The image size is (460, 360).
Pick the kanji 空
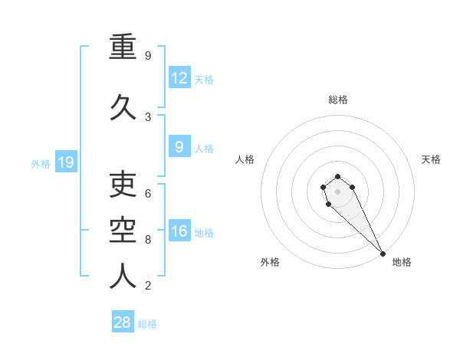[123, 230]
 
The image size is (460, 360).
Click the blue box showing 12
[179, 78]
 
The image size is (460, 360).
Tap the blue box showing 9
[179, 147]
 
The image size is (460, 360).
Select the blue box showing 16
[179, 231]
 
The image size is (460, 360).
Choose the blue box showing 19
[65, 162]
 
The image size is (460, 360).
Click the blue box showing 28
[122, 322]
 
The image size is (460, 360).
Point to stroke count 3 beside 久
[148, 117]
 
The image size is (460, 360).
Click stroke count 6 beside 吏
[148, 194]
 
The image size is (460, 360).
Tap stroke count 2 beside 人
[148, 286]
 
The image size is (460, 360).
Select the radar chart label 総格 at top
[338, 100]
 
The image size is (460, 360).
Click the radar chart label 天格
[431, 159]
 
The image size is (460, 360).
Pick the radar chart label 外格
[270, 262]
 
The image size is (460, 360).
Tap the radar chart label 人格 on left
[245, 159]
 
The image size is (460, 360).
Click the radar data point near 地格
[383, 254]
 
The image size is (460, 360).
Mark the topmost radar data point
[337, 177]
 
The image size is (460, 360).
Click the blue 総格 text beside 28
[147, 324]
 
